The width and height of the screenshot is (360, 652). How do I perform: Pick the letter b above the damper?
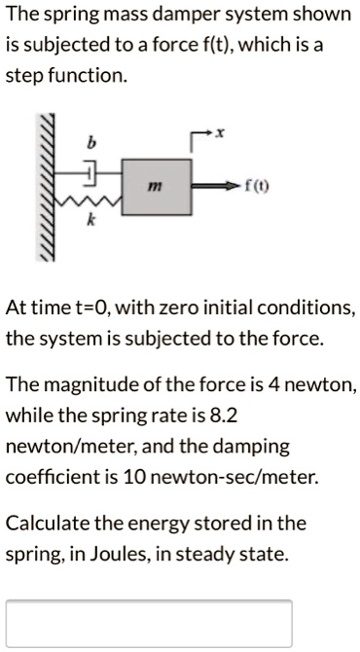92,143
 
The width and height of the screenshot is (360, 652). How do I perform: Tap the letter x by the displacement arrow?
221,141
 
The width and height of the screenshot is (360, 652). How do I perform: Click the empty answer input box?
149,624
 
